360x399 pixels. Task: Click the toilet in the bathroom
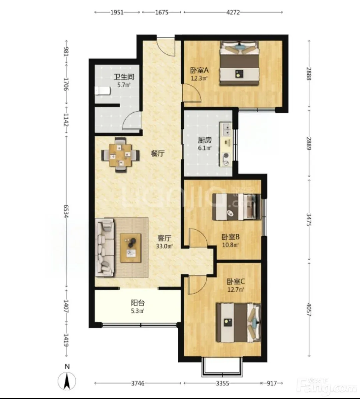click(x=102, y=91)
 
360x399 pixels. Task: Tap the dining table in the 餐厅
click(x=121, y=155)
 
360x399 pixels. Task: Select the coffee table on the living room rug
click(x=131, y=248)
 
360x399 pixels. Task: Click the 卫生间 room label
click(x=124, y=77)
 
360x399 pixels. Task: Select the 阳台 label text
click(x=138, y=303)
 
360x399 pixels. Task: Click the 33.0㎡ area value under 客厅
click(x=164, y=246)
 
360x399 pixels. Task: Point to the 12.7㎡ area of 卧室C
click(x=236, y=289)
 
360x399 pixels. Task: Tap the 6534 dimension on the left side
click(x=66, y=211)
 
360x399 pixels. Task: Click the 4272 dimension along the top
click(x=233, y=12)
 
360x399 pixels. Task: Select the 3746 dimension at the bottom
click(x=138, y=383)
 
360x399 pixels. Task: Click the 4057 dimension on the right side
click(x=309, y=310)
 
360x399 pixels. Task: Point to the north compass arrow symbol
click(x=67, y=381)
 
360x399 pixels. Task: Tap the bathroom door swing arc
click(x=132, y=121)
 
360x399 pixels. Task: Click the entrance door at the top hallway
click(x=166, y=47)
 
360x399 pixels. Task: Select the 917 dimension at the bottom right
click(x=272, y=383)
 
